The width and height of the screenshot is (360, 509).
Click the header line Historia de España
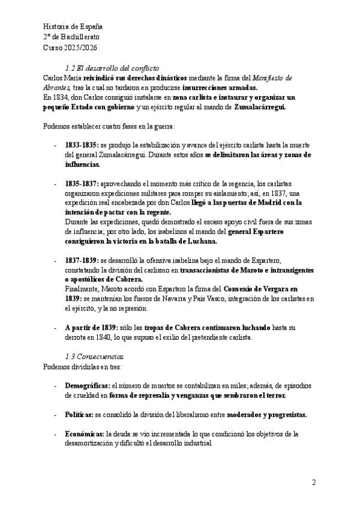click(x=73, y=26)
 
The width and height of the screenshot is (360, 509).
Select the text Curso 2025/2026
click(x=71, y=47)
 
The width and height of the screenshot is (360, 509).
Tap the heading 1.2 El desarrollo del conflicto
click(x=111, y=68)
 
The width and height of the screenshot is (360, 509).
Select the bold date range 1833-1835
click(x=82, y=146)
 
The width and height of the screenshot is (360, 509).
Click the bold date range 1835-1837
click(x=82, y=183)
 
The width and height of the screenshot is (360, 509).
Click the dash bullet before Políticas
click(x=55, y=415)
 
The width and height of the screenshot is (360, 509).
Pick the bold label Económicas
click(x=85, y=433)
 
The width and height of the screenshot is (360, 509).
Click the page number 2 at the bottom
click(x=314, y=482)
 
